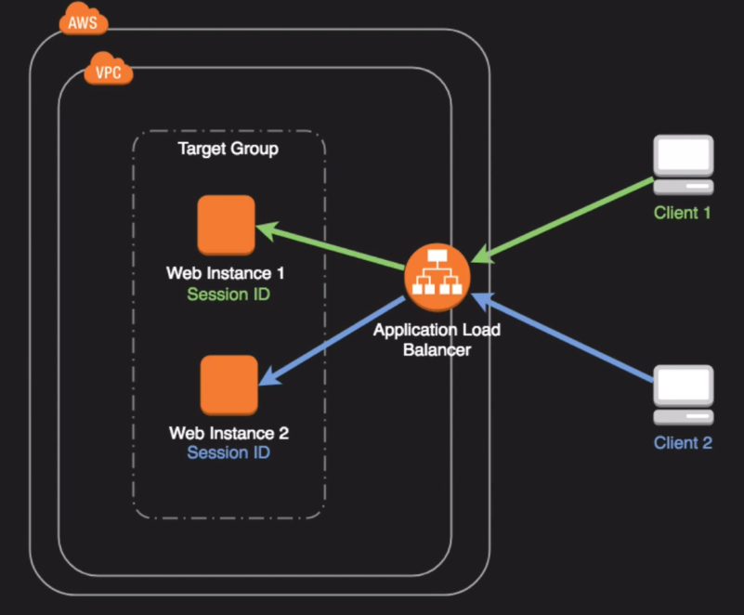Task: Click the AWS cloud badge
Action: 82,21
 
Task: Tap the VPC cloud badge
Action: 109,71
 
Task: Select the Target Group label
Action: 228,149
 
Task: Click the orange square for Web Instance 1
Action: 226,224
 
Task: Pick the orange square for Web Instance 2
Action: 228,385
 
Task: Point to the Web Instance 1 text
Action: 226,274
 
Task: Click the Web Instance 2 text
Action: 228,434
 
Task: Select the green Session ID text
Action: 226,295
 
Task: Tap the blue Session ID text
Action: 228,454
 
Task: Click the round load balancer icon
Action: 437,276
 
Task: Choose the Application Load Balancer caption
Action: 437,341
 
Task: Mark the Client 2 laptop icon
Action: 684,396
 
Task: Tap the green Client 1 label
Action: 683,214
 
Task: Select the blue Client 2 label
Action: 683,443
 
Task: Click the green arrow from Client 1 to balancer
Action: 567,218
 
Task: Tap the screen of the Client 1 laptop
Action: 683,156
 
